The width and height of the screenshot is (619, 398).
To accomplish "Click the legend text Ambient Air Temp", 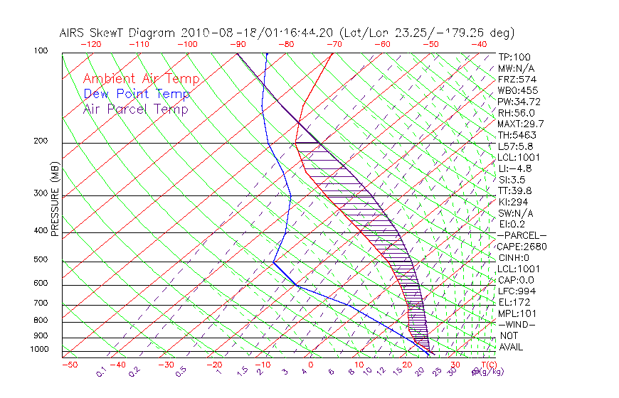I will click(x=141, y=79).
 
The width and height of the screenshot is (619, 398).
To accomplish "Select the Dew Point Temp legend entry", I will click(x=137, y=94).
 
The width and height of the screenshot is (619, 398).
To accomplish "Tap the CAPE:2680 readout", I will click(x=519, y=247).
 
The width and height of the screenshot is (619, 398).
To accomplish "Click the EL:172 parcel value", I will click(x=514, y=302).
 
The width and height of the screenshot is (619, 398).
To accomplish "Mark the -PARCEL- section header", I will click(x=522, y=235).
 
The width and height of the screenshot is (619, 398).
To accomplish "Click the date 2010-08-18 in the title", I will click(x=215, y=33).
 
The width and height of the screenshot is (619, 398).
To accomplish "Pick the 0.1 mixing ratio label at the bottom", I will click(x=101, y=371).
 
